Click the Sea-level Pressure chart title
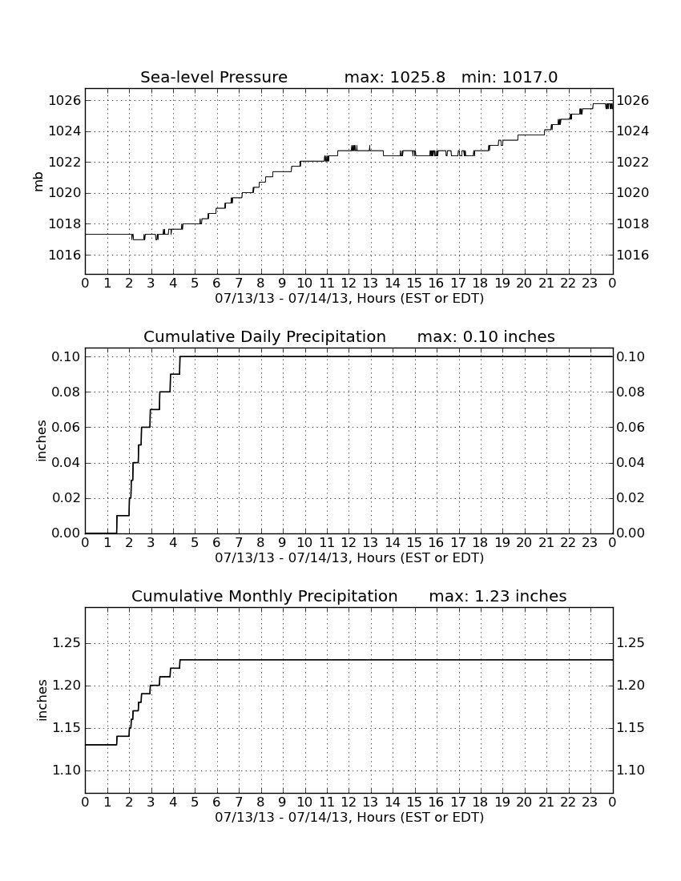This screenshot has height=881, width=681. [214, 77]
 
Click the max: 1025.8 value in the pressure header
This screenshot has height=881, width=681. [394, 77]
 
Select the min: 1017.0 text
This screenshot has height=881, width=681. [510, 77]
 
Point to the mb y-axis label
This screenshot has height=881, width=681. [38, 182]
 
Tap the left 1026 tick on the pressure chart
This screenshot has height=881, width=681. [65, 101]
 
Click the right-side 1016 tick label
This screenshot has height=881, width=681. [633, 255]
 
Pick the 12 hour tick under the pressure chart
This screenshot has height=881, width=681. [349, 283]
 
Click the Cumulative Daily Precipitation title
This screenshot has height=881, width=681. [264, 336]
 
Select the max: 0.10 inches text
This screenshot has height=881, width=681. [486, 336]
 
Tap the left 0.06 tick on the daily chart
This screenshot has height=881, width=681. [66, 428]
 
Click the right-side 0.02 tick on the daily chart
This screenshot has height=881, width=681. [631, 498]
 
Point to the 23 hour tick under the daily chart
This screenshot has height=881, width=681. [590, 542]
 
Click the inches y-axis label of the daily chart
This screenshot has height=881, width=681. [41, 441]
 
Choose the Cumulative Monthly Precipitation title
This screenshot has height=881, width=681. [264, 596]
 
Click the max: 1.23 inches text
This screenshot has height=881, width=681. [498, 596]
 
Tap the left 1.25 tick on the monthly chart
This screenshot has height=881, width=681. [66, 643]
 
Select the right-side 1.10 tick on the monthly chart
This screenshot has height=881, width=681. [631, 770]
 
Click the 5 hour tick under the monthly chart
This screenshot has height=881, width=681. [195, 802]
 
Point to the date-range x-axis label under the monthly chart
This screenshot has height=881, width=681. [349, 817]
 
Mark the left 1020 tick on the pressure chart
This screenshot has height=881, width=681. [65, 193]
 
